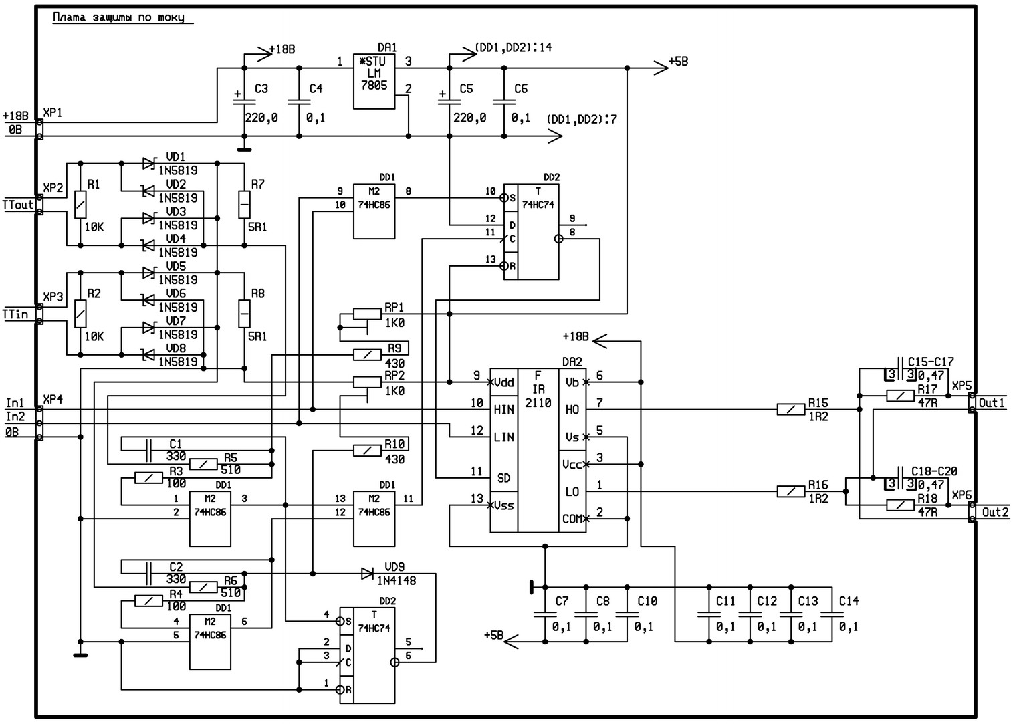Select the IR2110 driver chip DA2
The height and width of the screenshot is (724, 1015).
click(538, 450)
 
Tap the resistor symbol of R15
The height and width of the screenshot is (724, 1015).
click(791, 409)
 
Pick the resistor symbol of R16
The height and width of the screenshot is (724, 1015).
click(791, 491)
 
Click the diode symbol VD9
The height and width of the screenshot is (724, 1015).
click(367, 574)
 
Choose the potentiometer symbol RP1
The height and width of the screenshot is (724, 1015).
click(367, 313)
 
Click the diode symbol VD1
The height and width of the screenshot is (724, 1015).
click(148, 162)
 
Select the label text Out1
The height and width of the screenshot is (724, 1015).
click(992, 403)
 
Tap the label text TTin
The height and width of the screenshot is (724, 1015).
click(16, 314)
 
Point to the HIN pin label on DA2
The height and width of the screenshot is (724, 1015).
click(503, 410)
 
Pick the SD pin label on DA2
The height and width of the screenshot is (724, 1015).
click(503, 478)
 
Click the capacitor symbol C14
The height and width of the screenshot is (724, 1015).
click(832, 613)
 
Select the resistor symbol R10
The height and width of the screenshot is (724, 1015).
click(367, 451)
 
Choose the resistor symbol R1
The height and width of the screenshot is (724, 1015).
click(80, 203)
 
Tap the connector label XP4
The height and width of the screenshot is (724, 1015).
click(53, 399)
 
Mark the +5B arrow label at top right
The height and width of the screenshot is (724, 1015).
click(678, 62)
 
